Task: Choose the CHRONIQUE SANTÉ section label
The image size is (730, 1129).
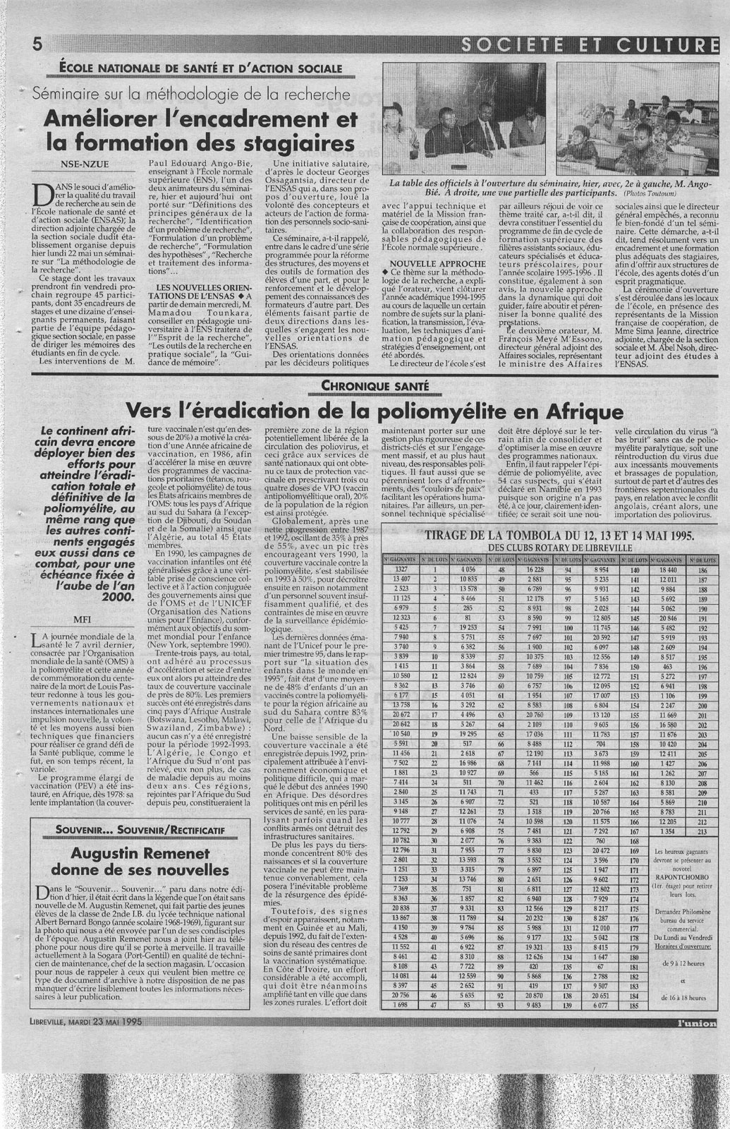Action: coord(373,385)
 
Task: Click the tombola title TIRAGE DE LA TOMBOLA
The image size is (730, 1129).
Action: coord(508,536)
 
